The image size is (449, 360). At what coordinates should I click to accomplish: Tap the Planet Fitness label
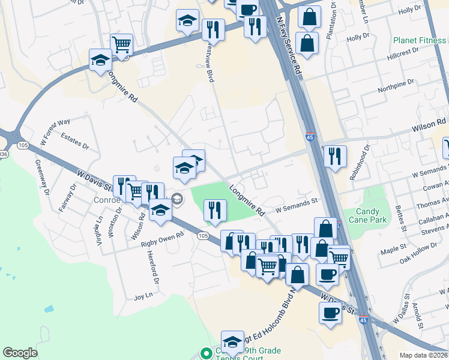(x=420, y=41)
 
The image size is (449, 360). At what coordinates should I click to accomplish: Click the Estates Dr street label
(x=75, y=142)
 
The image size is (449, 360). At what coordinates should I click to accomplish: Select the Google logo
(x=20, y=353)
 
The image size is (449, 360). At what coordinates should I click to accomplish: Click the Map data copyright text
(x=424, y=355)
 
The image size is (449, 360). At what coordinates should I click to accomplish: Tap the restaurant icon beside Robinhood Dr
(x=335, y=155)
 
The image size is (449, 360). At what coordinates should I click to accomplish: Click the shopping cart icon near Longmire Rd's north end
(x=122, y=44)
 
